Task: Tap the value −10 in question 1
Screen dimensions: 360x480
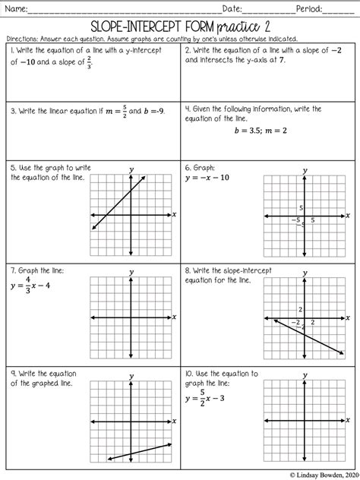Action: (x=30, y=62)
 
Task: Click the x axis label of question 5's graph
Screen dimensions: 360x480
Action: (x=174, y=215)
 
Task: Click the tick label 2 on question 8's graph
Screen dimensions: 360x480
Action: (x=301, y=309)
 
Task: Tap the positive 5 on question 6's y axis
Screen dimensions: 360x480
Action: (x=301, y=207)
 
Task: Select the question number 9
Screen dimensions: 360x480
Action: (x=14, y=374)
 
